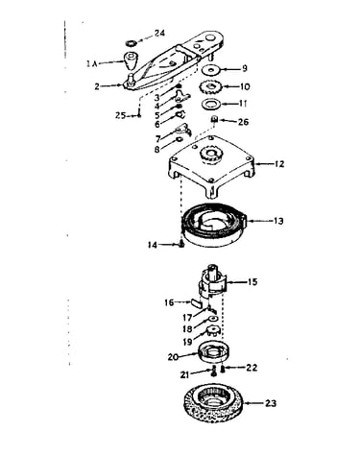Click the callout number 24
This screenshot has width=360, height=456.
tap(159, 33)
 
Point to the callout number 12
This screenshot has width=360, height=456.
tap(279, 164)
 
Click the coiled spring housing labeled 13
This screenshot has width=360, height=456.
tap(213, 227)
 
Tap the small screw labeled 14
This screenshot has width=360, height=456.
tap(181, 245)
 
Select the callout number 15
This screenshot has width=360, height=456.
tap(252, 282)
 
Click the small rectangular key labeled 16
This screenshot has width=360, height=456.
tap(196, 302)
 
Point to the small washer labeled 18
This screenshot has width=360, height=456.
tap(213, 319)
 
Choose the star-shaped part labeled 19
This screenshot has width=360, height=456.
tap(212, 330)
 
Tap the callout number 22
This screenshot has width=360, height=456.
tap(252, 368)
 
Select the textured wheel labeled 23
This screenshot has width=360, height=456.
tap(214, 403)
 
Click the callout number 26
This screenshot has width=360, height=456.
tap(243, 122)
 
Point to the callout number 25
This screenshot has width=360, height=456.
tap(120, 115)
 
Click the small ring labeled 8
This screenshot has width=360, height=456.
tap(179, 139)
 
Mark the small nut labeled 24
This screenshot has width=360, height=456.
tap(131, 42)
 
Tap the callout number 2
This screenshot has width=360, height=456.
tap(97, 86)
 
